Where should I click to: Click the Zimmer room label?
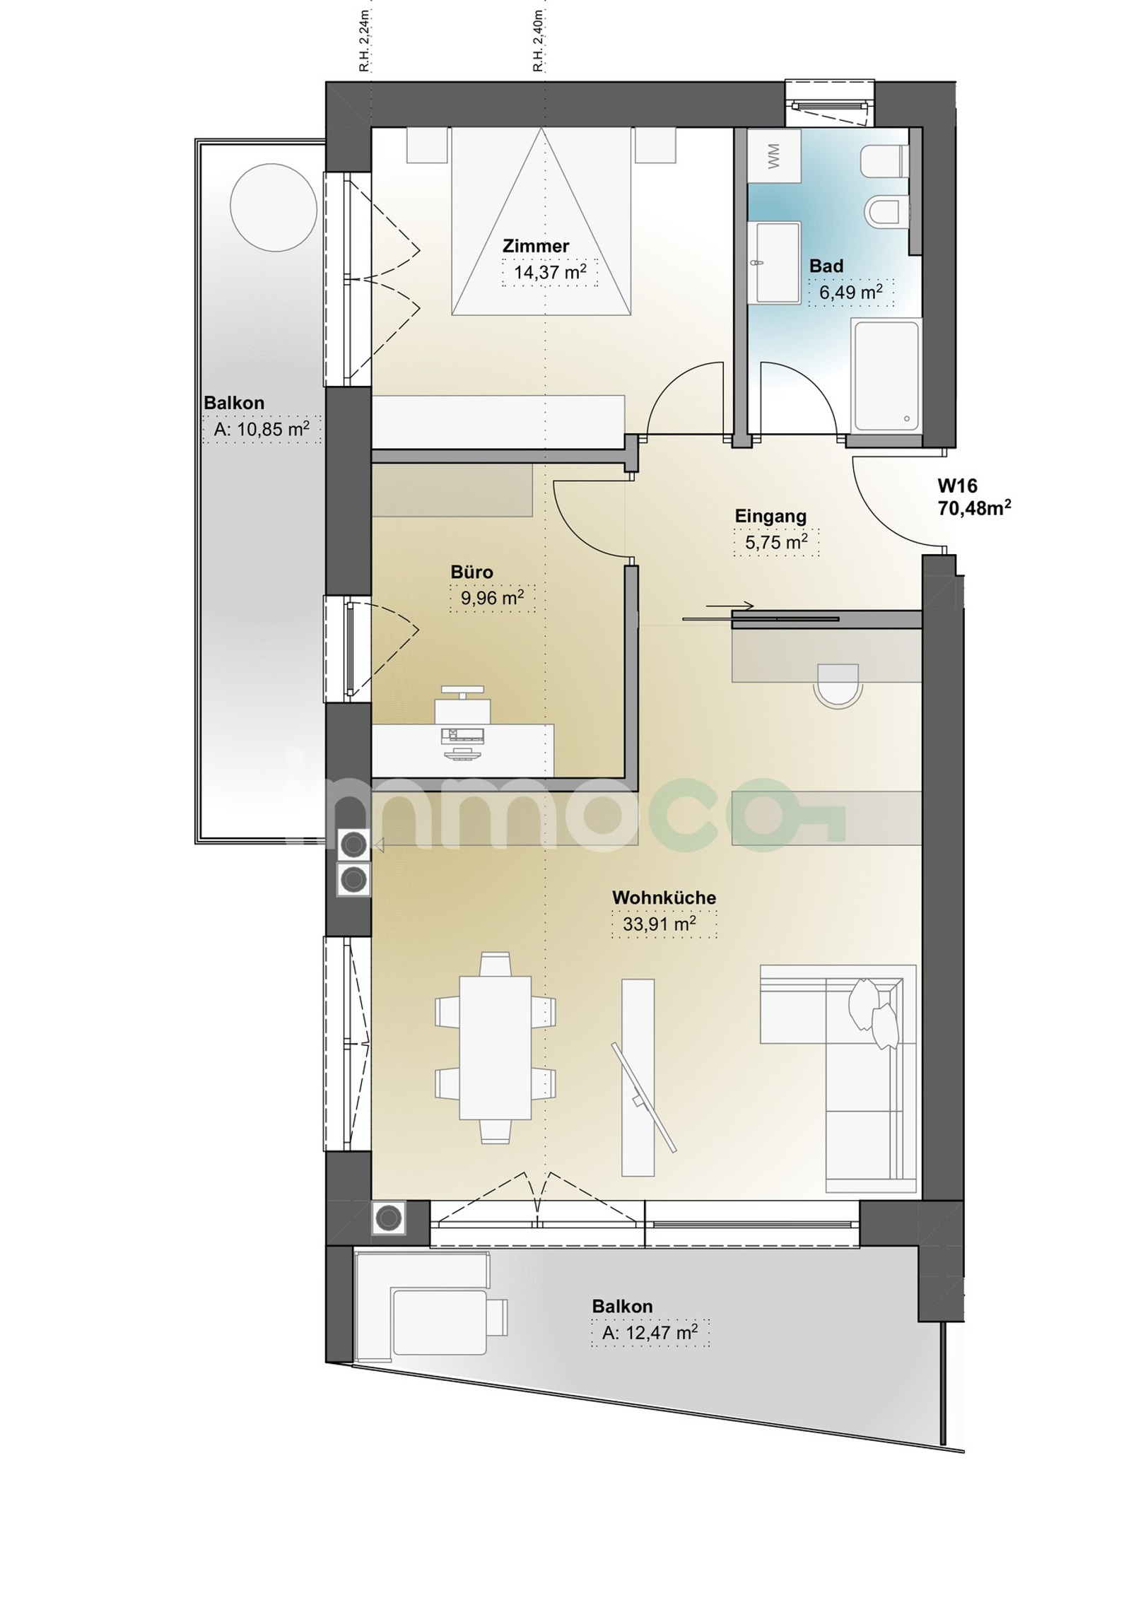[535, 246]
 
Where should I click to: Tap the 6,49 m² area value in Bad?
[850, 292]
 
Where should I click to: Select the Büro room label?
[471, 572]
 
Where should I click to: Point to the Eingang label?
[770, 516]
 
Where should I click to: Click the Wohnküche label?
[664, 898]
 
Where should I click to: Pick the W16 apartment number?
[957, 486]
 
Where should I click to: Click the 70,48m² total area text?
[974, 507]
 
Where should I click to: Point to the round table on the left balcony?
[274, 206]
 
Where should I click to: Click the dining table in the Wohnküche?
[495, 1047]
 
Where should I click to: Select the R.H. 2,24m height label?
[364, 40]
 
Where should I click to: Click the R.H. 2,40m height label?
[538, 40]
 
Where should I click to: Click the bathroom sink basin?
[776, 262]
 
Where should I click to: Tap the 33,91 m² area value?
[659, 923]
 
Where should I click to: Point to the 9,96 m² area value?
[493, 597]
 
